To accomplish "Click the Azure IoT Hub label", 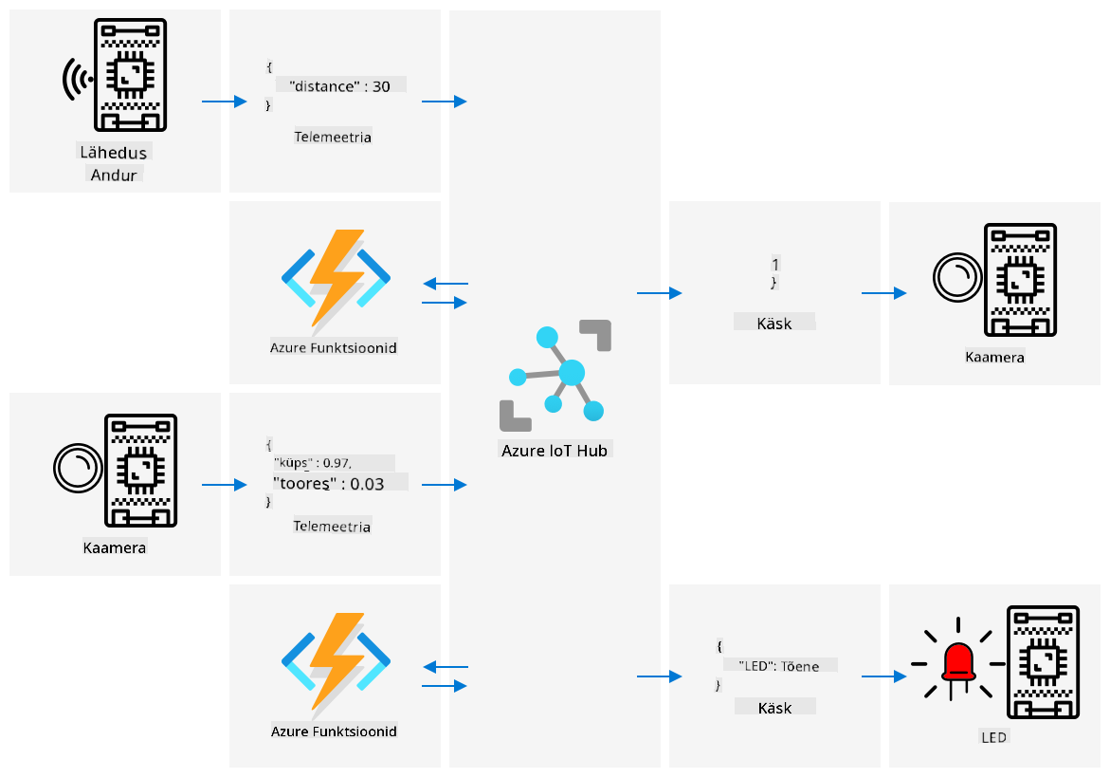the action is (x=555, y=451).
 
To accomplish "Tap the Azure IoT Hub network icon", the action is (x=555, y=376).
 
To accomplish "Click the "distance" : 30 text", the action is (x=339, y=86).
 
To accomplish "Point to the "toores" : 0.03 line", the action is (x=329, y=484).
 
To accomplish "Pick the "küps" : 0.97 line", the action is (x=312, y=463).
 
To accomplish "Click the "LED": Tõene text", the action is (x=778, y=666).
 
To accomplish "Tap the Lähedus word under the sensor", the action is (x=113, y=153).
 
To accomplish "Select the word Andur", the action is (x=113, y=175).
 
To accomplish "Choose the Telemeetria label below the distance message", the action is (x=333, y=137).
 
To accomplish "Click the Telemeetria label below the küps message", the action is (x=332, y=527).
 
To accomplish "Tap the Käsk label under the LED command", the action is (x=774, y=708).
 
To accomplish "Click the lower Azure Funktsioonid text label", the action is (x=334, y=732).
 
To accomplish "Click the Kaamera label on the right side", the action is (x=994, y=357).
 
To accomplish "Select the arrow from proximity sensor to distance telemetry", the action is (x=225, y=102).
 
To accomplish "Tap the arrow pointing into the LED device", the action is (x=884, y=676).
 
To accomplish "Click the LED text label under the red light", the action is (x=994, y=737).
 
